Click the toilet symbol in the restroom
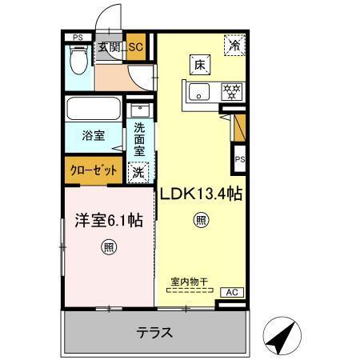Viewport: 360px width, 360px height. coord(78,61)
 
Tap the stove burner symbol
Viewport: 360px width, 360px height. coord(232,90)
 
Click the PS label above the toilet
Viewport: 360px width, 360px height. coord(78,37)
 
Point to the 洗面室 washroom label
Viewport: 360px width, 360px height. coord(139,138)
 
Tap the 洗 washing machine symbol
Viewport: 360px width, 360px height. coord(139,170)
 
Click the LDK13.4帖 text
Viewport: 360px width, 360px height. coord(202,193)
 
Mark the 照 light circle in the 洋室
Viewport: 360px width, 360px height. coord(107,247)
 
